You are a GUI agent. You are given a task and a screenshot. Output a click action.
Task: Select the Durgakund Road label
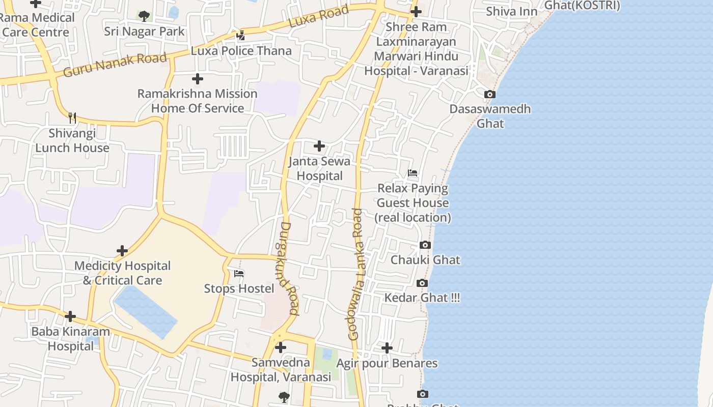[289, 268]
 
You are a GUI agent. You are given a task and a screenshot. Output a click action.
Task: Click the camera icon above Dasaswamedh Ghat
[489, 95]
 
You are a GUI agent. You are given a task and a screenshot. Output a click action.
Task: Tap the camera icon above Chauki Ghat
[425, 245]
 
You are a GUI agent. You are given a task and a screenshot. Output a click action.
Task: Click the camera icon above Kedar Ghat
[422, 283]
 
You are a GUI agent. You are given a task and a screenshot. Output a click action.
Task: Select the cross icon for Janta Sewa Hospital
[319, 147]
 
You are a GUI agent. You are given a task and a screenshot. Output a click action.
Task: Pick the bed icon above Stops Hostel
[239, 274]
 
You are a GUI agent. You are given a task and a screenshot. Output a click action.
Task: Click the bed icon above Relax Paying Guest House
[413, 173]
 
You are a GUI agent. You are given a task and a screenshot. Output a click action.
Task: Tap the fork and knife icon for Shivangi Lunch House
[72, 118]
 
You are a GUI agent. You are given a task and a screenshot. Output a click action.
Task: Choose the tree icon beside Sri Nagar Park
[144, 16]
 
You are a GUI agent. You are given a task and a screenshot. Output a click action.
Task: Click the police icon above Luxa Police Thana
[241, 36]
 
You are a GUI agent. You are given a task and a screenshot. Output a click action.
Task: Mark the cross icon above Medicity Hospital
[122, 251]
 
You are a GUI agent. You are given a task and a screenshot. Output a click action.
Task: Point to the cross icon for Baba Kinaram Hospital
[70, 316]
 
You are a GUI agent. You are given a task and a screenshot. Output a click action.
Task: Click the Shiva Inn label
[511, 11]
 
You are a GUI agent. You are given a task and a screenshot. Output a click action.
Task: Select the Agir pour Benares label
[387, 363]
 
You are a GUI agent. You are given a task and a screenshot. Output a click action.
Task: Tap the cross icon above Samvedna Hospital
[281, 348]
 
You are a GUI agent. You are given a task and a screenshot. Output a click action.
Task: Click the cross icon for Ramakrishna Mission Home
[198, 79]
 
